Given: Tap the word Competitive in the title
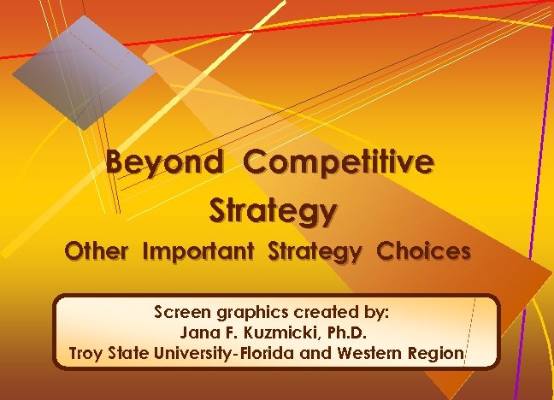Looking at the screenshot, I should (339, 162).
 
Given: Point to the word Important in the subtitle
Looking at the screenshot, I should (200, 253).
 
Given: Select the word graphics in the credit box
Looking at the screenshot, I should (247, 313).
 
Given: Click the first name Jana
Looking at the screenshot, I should (197, 332).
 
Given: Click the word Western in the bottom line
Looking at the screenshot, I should (379, 351).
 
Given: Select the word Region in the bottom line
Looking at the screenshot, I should (438, 351).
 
